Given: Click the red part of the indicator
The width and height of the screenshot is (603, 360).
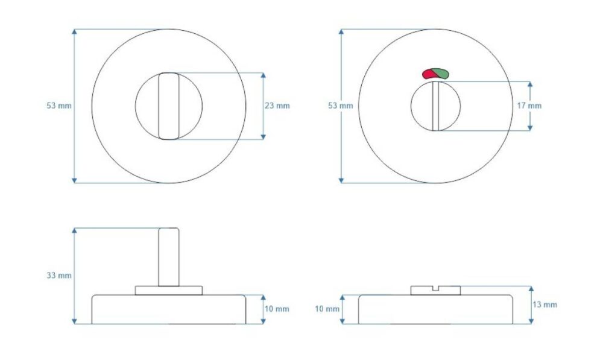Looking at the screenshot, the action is (x=428, y=74).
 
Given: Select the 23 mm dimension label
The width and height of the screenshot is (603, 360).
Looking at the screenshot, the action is (x=277, y=106).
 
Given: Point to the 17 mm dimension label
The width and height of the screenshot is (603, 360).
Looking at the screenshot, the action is (x=529, y=106).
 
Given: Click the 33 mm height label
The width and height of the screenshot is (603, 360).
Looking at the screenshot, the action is (x=59, y=276).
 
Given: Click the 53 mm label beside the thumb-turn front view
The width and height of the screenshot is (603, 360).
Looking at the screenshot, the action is (x=59, y=106).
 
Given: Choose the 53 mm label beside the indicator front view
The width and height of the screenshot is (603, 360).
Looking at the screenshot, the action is (x=340, y=106).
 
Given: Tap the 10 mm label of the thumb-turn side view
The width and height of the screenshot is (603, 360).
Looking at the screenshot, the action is (x=277, y=309).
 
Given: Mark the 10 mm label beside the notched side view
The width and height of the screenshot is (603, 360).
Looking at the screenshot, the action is (x=327, y=309).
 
